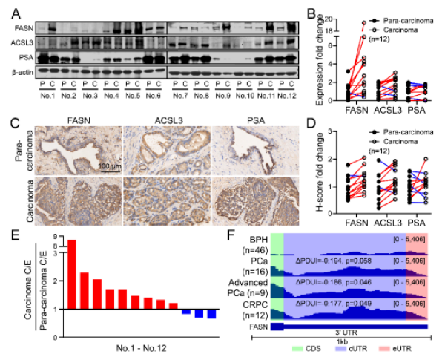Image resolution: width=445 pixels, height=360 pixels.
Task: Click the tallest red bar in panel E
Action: (x=72, y=274)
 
